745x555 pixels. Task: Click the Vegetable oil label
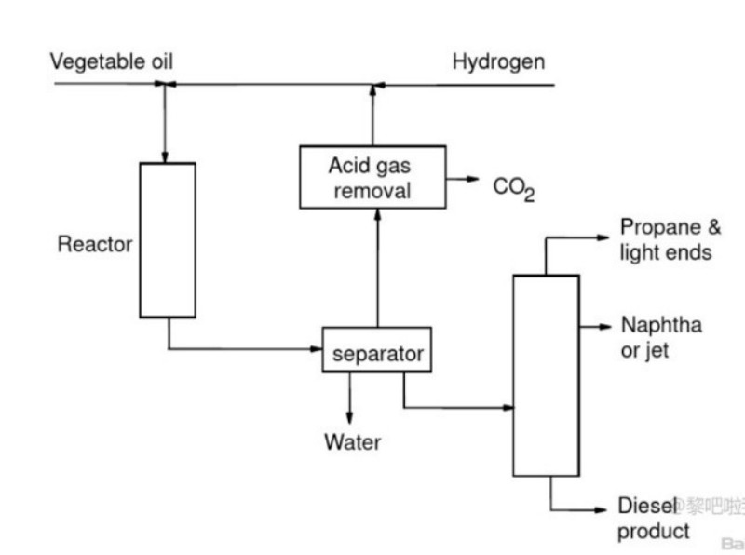click(x=112, y=62)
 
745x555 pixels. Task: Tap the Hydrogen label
click(x=498, y=62)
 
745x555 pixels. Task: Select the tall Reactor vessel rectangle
click(x=168, y=240)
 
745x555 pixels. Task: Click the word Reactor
click(x=95, y=245)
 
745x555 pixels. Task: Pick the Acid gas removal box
click(x=371, y=177)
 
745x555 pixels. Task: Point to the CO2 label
click(x=514, y=189)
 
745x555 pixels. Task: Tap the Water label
click(x=352, y=441)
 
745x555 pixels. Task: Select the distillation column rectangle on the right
click(x=546, y=375)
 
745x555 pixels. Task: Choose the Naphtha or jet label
click(x=661, y=337)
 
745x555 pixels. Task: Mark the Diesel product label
click(x=654, y=519)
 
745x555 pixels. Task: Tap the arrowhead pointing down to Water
click(x=350, y=416)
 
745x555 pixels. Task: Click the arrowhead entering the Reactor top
click(x=167, y=156)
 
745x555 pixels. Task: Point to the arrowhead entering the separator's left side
click(x=316, y=349)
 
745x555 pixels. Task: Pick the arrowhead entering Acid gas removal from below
click(x=376, y=214)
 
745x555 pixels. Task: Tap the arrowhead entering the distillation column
click(x=508, y=408)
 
